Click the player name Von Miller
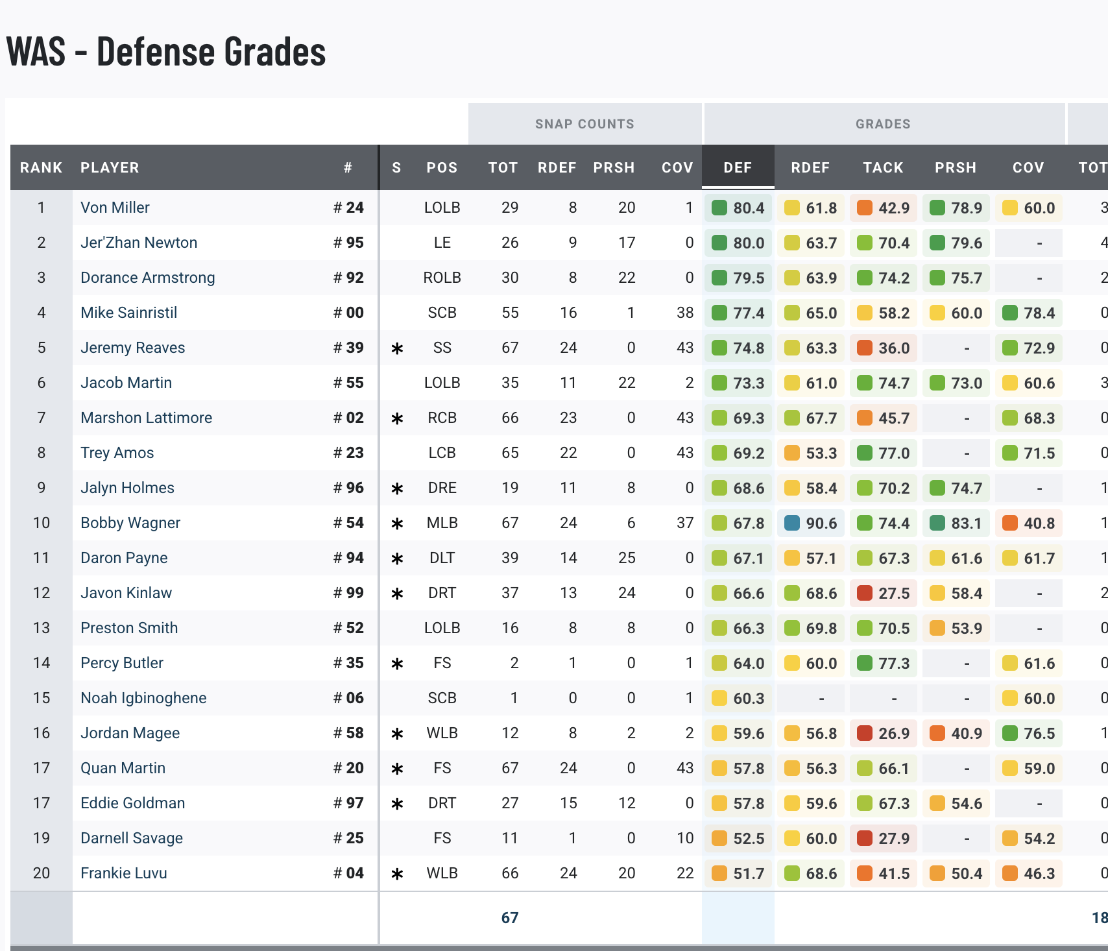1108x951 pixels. [115, 208]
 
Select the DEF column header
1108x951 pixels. [738, 167]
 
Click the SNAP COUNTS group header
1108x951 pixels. [584, 124]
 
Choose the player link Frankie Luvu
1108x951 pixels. [124, 873]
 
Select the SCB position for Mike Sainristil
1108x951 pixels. [442, 313]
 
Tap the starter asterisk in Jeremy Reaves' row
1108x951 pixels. [398, 348]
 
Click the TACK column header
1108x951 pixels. [883, 167]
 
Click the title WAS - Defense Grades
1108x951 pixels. [166, 52]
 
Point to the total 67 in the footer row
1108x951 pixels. [510, 918]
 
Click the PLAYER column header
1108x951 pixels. [110, 167]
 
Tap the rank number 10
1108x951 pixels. [42, 523]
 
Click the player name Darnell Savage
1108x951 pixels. [132, 838]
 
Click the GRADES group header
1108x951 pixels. [883, 124]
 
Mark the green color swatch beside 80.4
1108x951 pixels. [719, 208]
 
